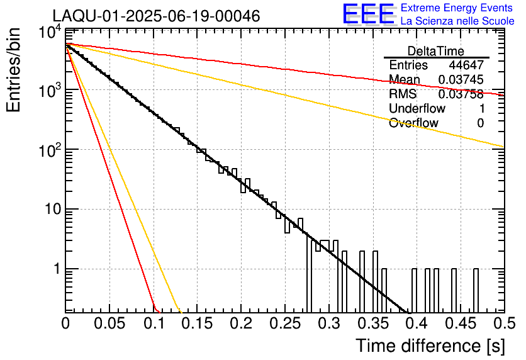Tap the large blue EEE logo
(x=368, y=14)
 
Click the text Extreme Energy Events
(x=457, y=8)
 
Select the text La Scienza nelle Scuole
(x=457, y=21)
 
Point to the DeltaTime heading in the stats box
(x=436, y=51)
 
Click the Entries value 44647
(x=466, y=65)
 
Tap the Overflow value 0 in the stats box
(x=480, y=123)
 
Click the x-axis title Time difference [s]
(x=430, y=346)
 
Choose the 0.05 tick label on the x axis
(x=109, y=323)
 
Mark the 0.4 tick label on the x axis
(x=415, y=323)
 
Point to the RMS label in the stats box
(x=403, y=94)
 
